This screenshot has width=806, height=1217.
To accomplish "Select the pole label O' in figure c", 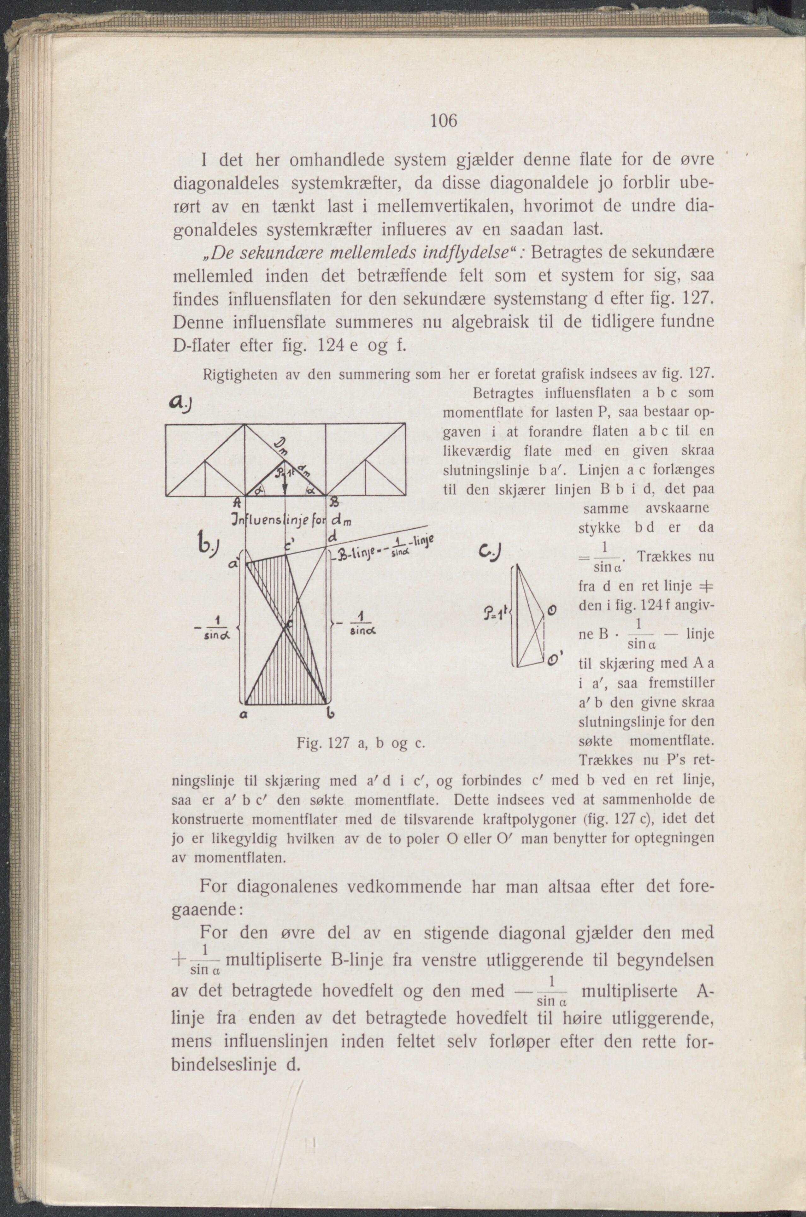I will click(x=553, y=658).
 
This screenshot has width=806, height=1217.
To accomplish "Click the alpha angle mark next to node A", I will click(x=257, y=490).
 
